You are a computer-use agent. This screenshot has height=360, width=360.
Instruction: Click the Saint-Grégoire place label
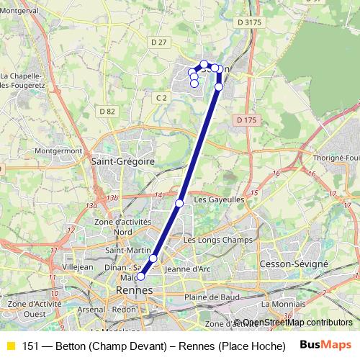[x=123, y=162]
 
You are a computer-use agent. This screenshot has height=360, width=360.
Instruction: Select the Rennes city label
[x=134, y=289]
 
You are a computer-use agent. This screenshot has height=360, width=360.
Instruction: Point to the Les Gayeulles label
[x=220, y=199]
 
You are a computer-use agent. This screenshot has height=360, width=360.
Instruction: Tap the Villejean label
[x=78, y=266]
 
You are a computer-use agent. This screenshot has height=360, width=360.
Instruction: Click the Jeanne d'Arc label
[x=186, y=269]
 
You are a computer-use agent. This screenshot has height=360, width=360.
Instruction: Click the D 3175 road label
[x=249, y=23]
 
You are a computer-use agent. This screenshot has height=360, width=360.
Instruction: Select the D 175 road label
[x=246, y=120]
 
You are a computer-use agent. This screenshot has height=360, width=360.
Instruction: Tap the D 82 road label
[x=107, y=111]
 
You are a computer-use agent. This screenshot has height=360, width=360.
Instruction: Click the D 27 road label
[x=158, y=42]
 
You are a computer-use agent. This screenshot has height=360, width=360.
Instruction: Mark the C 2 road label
[x=161, y=96]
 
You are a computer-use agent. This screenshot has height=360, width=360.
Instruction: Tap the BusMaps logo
[x=325, y=345]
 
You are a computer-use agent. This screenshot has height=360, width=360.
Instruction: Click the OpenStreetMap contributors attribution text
[x=297, y=323]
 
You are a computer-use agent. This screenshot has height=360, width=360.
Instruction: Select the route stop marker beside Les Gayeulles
[x=179, y=203]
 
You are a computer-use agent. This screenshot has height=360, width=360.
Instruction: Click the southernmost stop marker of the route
[x=141, y=276]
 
